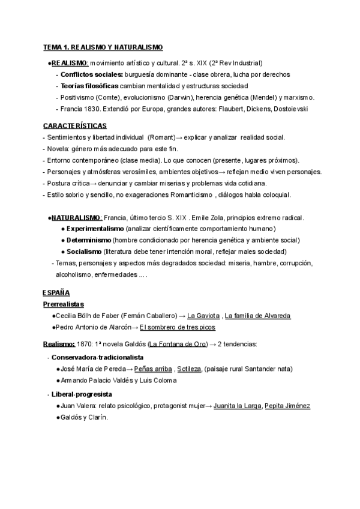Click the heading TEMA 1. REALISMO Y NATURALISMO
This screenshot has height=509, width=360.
[103, 47]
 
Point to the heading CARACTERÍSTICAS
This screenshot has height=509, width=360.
[75, 125]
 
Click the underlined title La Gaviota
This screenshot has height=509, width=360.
[203, 316]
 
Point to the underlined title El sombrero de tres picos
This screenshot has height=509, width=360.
[177, 327]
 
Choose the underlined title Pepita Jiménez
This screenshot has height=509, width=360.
[287, 406]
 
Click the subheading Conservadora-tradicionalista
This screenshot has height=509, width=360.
[97, 357]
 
